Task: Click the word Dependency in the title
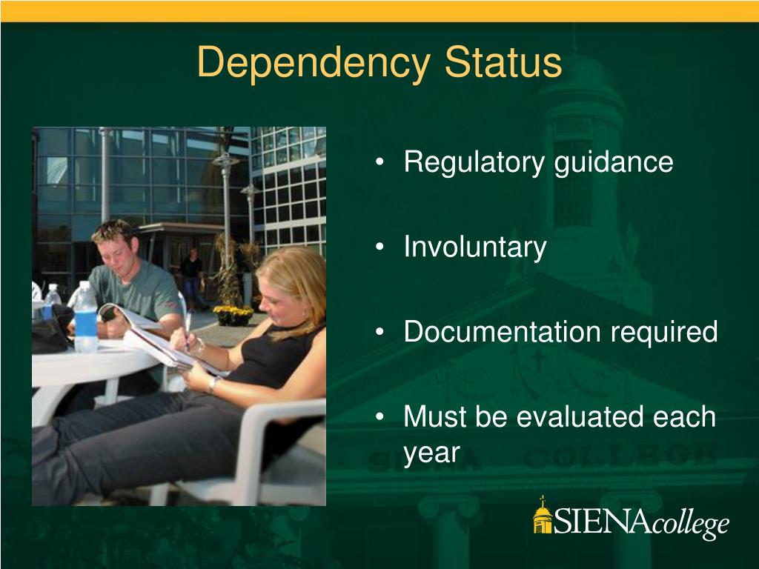click(x=313, y=63)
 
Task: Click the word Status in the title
click(x=503, y=63)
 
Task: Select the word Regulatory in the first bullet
click(x=474, y=162)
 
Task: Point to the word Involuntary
click(x=475, y=247)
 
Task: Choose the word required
click(x=664, y=333)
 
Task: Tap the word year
click(x=432, y=452)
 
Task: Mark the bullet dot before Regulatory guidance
click(x=380, y=163)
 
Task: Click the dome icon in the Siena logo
click(x=543, y=516)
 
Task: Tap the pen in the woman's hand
click(x=188, y=330)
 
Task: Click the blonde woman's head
click(x=291, y=285)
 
